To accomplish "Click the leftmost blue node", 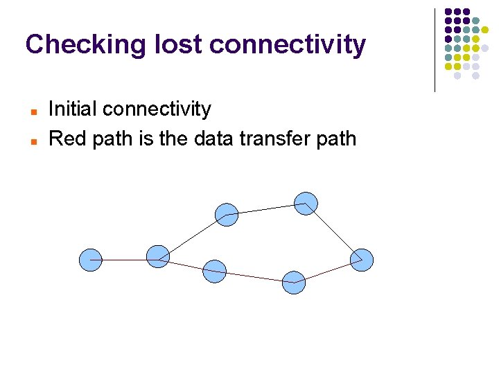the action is tap(91, 260).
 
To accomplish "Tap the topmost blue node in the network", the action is tap(306, 203).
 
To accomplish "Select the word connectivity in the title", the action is tap(287, 45).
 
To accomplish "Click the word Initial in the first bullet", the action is tap(73, 109).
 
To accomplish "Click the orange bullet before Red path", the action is tap(33, 140).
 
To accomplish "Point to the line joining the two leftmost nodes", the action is tap(125, 260).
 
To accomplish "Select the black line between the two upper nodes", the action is tap(266, 208).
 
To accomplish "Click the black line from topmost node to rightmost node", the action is tap(334, 232).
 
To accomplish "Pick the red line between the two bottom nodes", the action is tap(254, 276).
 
